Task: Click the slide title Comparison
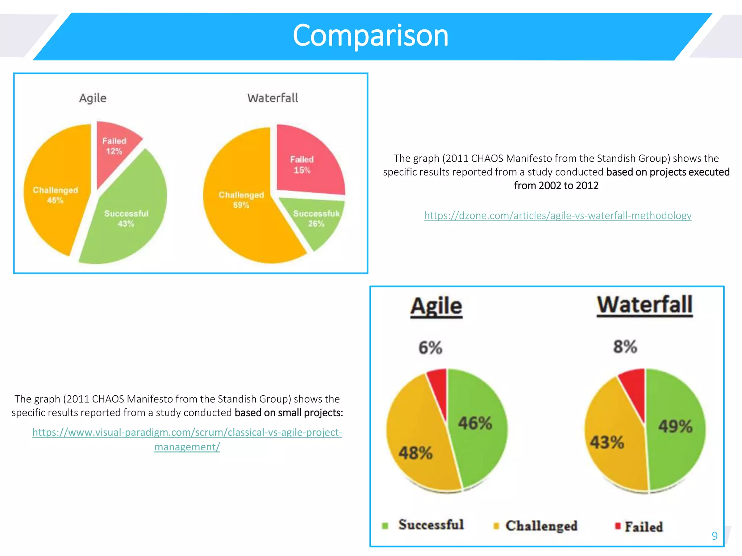[370, 35]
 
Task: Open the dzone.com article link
[558, 216]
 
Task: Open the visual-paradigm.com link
[187, 433]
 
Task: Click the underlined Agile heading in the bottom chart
[436, 306]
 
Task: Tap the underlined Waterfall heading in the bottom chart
[645, 305]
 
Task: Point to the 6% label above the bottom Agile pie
[430, 347]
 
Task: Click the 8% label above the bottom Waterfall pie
[625, 346]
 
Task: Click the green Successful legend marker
[385, 526]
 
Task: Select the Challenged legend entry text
[541, 526]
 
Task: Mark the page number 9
[714, 536]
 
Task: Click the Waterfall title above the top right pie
[272, 98]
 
